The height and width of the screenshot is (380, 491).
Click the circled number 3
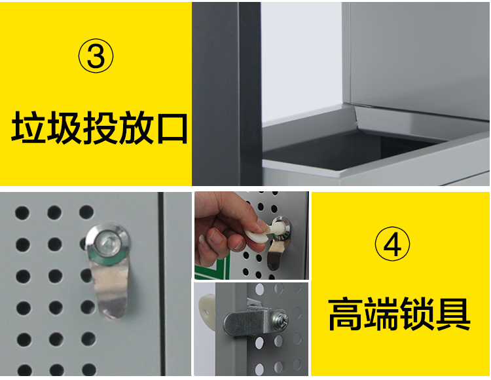pos(96,56)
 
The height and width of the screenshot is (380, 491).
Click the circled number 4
pos(392,244)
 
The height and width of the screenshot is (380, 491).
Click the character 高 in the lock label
pos(346,314)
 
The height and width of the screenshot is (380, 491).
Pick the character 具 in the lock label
pos(453,314)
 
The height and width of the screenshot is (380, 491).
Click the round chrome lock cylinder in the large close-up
pos(107,242)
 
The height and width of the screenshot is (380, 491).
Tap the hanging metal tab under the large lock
pos(110,288)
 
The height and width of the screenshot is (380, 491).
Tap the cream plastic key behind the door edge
pos(207,306)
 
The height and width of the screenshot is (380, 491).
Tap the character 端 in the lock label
pos(382,314)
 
